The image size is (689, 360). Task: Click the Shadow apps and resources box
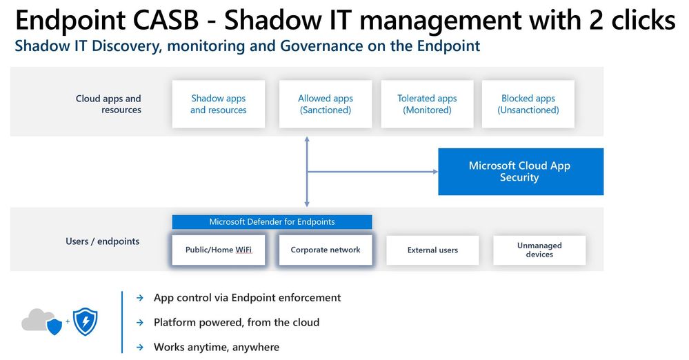pos(219,104)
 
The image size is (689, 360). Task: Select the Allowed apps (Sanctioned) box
pos(325,104)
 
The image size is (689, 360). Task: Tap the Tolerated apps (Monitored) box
pos(427,104)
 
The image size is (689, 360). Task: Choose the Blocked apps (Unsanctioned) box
pos(528,104)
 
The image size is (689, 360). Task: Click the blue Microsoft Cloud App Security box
pos(521,172)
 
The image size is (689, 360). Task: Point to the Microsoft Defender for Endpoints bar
pos(272,222)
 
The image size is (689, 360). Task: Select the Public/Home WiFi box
pos(219,250)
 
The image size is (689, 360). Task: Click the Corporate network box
pos(325,250)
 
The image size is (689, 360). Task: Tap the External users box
pos(432,250)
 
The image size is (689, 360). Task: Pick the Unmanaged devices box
pos(539,250)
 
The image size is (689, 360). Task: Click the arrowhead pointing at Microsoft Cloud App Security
pos(435,172)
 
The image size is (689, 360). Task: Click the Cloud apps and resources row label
pos(108,104)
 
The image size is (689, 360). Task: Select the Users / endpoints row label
pos(102,241)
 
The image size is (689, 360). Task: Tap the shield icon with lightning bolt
pos(86,321)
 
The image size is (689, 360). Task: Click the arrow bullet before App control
pos(140,298)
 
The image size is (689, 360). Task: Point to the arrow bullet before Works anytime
pos(140,348)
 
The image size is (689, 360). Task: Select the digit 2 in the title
pos(596,20)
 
